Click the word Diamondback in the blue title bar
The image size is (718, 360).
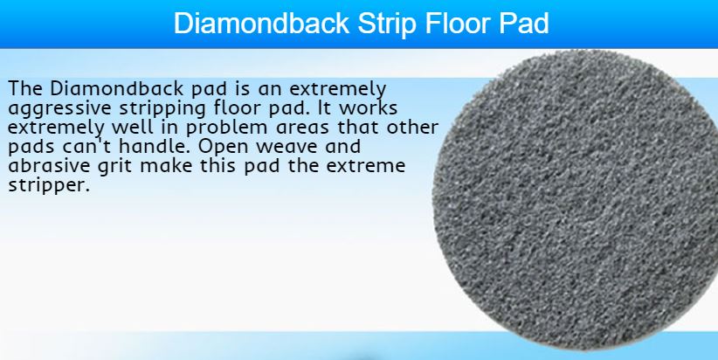click(261, 23)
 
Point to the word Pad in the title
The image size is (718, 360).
click(524, 23)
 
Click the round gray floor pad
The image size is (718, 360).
click(575, 200)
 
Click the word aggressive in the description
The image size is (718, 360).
click(60, 109)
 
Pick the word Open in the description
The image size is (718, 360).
click(223, 148)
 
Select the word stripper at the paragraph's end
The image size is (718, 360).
click(49, 186)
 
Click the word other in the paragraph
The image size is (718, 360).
click(412, 127)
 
